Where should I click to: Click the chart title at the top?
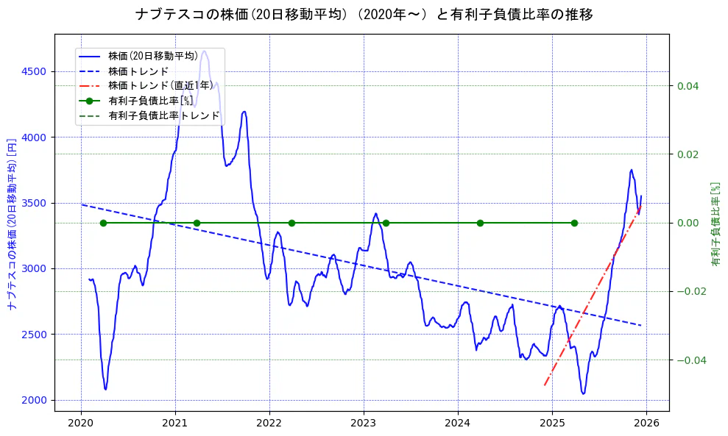pyautogui.click(x=364, y=15)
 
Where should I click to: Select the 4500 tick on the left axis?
pyautogui.click(x=34, y=71)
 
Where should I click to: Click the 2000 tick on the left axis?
pyautogui.click(x=34, y=400)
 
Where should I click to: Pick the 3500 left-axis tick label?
pyautogui.click(x=34, y=203)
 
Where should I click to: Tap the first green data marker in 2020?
pyautogui.click(x=103, y=223)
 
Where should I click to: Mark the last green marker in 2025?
pyautogui.click(x=574, y=223)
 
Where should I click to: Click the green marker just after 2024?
pyautogui.click(x=480, y=223)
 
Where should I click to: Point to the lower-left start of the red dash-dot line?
pyautogui.click(x=544, y=385)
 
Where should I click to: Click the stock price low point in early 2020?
pyautogui.click(x=105, y=389)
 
